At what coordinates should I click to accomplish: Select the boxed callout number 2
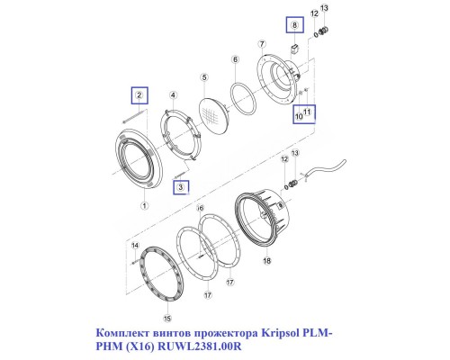(139, 94)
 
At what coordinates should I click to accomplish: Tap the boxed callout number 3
(181, 186)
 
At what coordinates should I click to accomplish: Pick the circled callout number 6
(235, 59)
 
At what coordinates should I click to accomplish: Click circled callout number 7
(261, 42)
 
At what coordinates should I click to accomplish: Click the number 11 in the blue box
(308, 112)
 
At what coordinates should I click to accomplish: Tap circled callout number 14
(134, 245)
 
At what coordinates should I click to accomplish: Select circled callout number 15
(166, 318)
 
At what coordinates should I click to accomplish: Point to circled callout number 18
(266, 261)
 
